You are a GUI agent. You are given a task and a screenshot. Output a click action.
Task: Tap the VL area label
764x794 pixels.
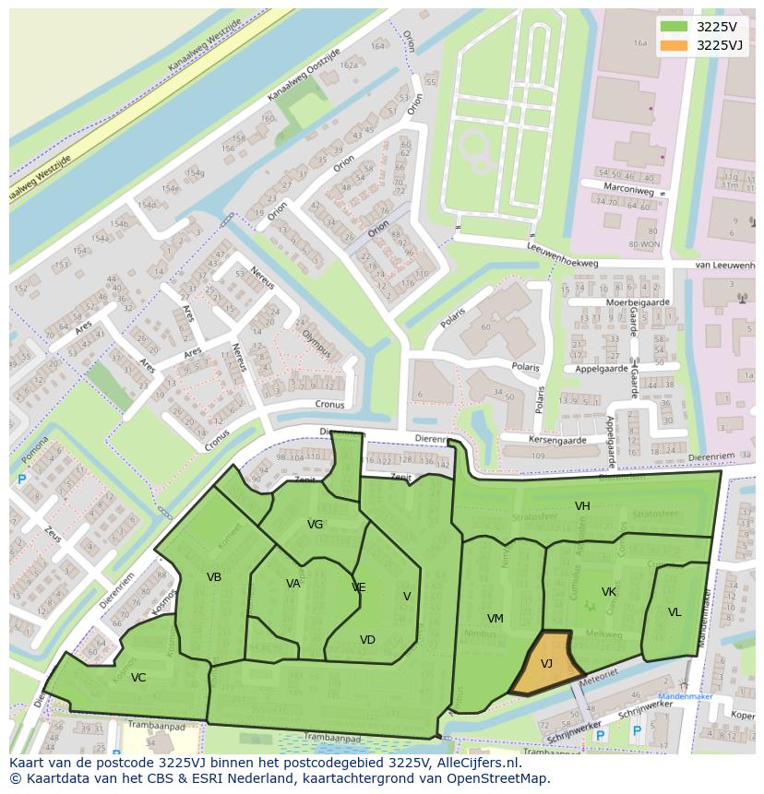pos(674,612)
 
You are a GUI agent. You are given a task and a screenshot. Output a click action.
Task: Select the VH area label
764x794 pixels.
pos(582,506)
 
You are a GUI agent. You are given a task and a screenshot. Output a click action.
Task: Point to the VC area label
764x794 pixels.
pos(138,678)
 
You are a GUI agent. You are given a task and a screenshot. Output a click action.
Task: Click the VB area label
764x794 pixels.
pos(214,577)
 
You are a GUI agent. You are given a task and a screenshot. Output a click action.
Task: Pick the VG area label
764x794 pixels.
pos(316,525)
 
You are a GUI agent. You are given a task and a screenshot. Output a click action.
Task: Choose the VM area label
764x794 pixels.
pos(495,618)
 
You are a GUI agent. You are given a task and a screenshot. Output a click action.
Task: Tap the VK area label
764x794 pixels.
pos(609,592)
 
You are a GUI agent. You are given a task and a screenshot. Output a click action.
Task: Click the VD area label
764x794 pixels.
pos(367,640)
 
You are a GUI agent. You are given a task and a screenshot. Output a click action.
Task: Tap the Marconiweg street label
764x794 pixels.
pos(630,191)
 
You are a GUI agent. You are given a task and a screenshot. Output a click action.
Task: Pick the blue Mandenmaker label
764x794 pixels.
pos(680,698)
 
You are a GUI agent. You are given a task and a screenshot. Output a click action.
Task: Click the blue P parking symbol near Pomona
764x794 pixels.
pos(21,480)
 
